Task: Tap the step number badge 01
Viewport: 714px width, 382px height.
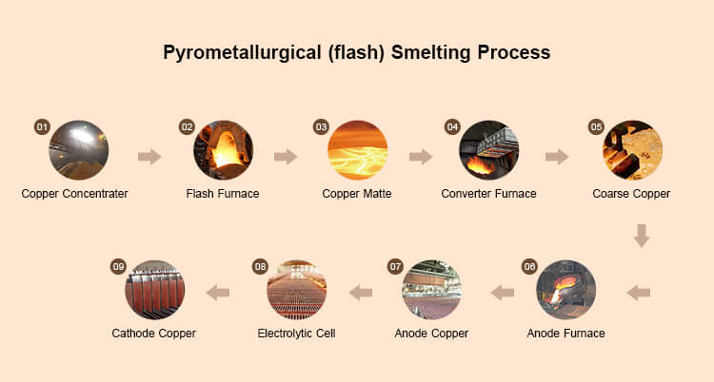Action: [x=41, y=126]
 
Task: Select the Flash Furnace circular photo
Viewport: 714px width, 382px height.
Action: [x=223, y=150]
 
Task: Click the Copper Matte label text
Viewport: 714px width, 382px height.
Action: [x=357, y=194]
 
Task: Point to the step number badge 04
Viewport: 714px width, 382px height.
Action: [x=452, y=126]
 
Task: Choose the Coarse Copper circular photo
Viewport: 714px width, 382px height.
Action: [x=632, y=150]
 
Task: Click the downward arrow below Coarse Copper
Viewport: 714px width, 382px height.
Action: [x=642, y=234]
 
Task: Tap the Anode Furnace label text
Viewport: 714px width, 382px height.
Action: [x=566, y=334]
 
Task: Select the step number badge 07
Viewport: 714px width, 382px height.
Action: [x=395, y=266]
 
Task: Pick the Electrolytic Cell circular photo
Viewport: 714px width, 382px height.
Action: [x=296, y=289]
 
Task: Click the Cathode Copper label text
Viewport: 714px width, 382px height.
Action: [x=154, y=334]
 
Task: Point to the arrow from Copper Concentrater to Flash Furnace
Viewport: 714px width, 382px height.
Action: [x=149, y=156]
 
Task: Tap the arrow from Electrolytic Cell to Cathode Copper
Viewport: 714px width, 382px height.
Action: [x=218, y=292]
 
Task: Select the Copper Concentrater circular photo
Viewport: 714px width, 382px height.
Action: [x=79, y=150]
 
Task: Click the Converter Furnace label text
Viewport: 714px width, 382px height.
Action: [x=488, y=194]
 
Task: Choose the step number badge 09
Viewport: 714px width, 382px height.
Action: [x=118, y=266]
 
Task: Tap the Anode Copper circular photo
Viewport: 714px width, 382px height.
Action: [x=431, y=289]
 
